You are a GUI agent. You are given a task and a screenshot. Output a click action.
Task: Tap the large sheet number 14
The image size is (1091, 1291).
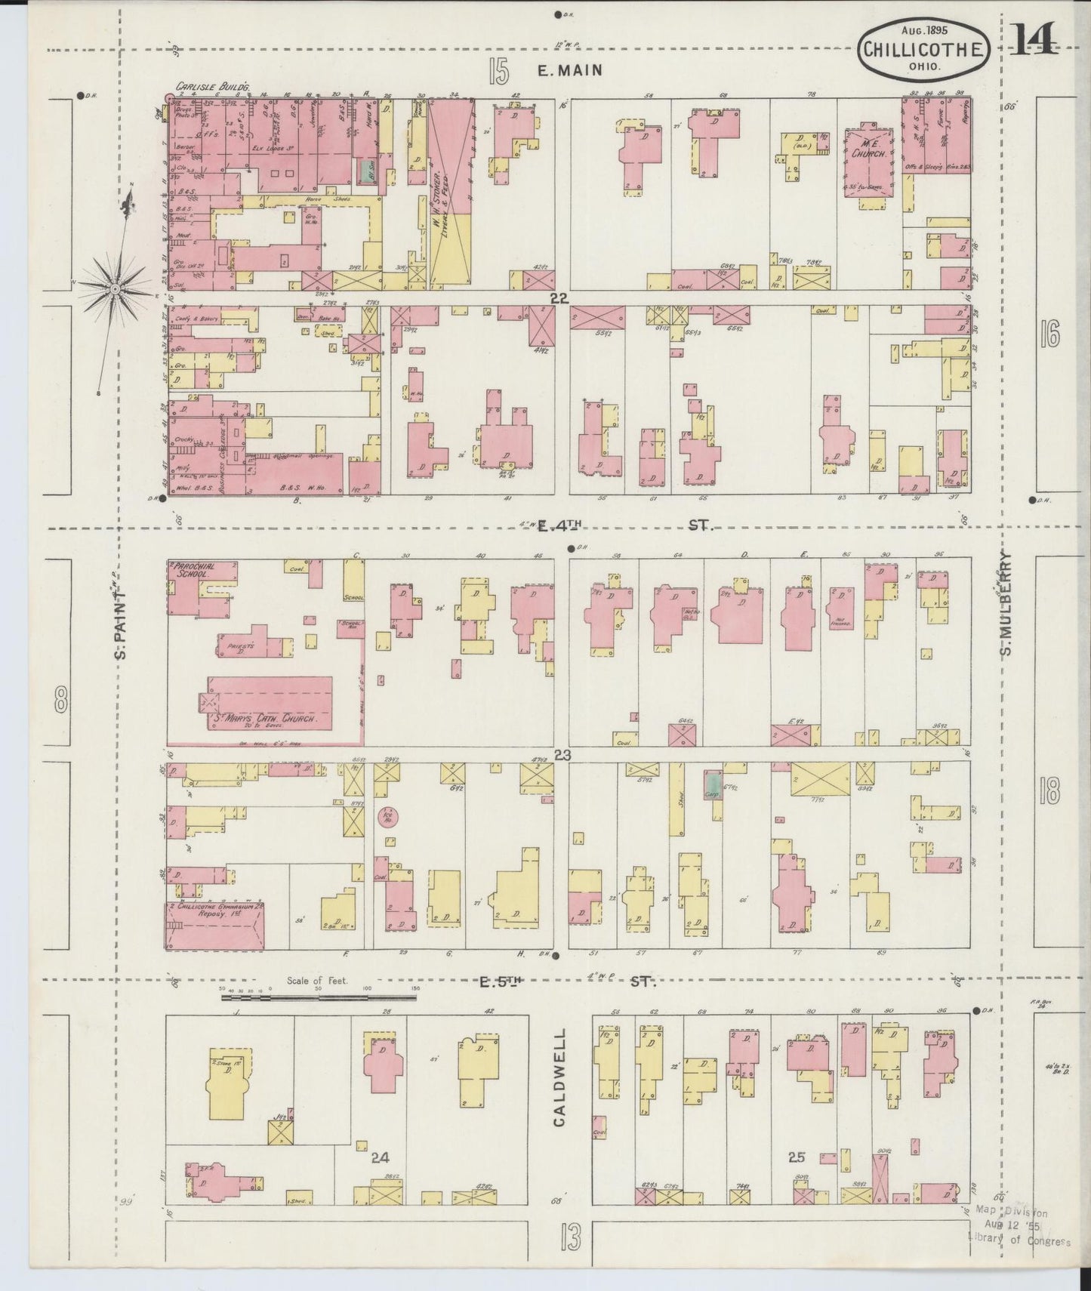point(1034,40)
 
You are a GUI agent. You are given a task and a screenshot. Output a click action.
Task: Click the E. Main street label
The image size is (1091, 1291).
point(569,71)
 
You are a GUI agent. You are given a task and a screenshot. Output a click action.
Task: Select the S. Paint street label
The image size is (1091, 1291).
point(121,623)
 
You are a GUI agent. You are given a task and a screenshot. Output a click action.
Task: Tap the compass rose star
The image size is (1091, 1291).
point(115,288)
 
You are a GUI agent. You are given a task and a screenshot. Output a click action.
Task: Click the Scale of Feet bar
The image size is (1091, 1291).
point(319,997)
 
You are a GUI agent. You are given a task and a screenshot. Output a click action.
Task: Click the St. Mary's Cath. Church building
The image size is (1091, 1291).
point(270,701)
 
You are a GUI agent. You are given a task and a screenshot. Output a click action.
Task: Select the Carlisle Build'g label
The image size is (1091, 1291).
point(202,88)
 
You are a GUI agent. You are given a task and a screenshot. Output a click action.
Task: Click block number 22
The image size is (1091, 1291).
point(558,299)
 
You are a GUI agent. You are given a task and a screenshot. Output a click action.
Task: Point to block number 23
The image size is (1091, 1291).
point(562,755)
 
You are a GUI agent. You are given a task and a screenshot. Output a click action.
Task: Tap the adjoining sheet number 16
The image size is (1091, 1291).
point(1049,333)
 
